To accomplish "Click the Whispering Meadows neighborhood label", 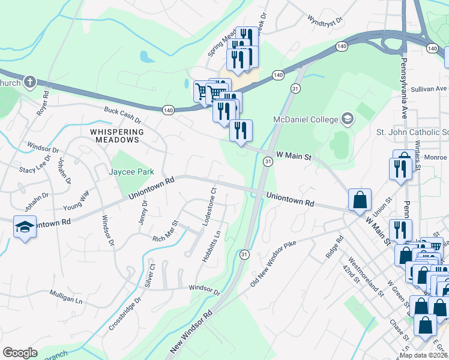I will click(x=117, y=136).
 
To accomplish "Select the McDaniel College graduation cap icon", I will click(x=347, y=119).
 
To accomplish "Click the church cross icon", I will click(x=30, y=82).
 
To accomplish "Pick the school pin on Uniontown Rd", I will click(x=25, y=227).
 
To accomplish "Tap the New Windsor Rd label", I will click(x=191, y=332).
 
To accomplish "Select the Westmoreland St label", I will click(x=365, y=277).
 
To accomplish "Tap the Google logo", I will click(x=20, y=352).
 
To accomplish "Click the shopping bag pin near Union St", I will click(x=360, y=200).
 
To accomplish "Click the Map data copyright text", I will click(x=423, y=355).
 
